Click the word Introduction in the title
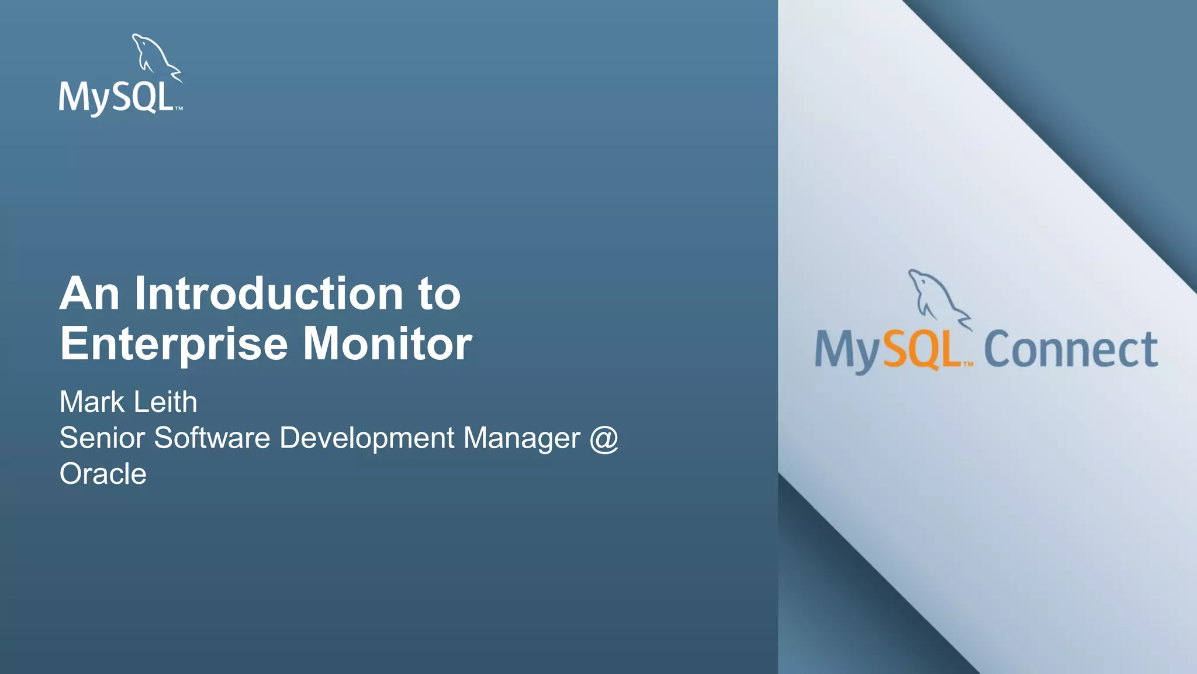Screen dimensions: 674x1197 click(x=268, y=293)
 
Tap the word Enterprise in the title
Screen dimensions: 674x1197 click(x=174, y=344)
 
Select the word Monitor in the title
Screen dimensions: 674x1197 click(x=387, y=344)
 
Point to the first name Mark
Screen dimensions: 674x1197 click(x=92, y=402)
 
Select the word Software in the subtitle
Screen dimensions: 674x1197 click(x=212, y=438)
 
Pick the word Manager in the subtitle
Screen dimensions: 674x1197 click(x=521, y=438)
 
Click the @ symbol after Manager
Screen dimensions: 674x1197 click(x=604, y=438)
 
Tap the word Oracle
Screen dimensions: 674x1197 click(x=103, y=474)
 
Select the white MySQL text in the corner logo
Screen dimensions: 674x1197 click(x=116, y=98)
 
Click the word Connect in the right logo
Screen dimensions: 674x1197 click(x=1071, y=349)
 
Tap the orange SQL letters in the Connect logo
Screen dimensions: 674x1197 click(x=922, y=349)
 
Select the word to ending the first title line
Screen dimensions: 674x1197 click(x=439, y=293)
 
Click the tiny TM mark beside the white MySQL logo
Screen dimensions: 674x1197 click(x=179, y=109)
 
